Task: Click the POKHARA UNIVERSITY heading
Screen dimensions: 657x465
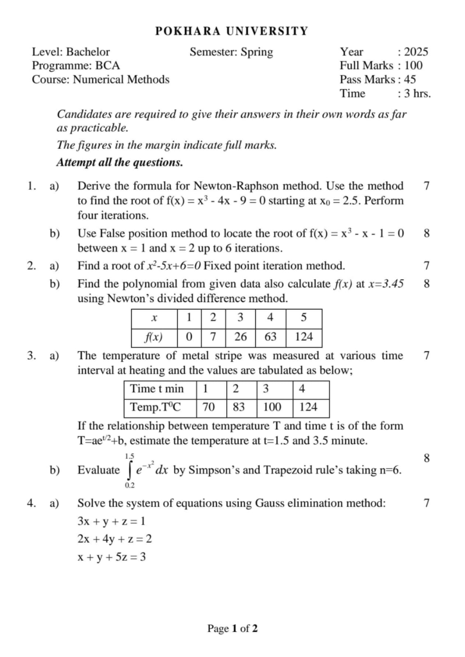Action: (x=232, y=31)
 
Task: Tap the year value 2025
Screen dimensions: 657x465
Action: (x=416, y=52)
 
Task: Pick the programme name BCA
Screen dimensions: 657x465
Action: (x=107, y=65)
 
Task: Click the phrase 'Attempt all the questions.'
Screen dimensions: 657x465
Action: (x=119, y=162)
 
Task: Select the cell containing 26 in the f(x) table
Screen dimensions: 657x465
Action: (x=240, y=337)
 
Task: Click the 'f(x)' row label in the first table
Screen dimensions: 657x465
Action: (x=154, y=337)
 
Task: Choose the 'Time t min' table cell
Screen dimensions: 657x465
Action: (x=157, y=389)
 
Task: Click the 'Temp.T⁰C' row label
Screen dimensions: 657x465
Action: (x=155, y=407)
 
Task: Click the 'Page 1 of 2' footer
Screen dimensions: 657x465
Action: (x=232, y=629)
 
